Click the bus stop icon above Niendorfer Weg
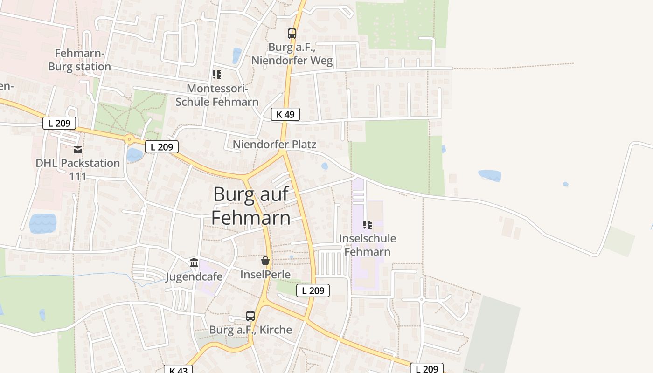pos(292,34)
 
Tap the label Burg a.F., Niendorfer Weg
pos(292,54)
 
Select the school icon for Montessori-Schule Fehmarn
pos(217,75)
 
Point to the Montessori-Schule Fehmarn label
pos(217,95)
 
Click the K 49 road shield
pos(285,114)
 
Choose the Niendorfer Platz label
pos(274,145)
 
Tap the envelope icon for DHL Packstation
pos(78,150)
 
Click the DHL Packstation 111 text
pos(78,170)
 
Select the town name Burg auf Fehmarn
pos(251,206)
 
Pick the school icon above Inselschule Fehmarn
pos(368,225)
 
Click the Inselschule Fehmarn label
pos(368,245)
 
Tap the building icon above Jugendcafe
pos(194,263)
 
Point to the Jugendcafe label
pos(194,277)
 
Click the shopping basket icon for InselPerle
pos(265,261)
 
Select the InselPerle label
pos(265,275)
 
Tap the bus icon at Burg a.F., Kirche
pos(250,316)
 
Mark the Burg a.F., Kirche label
pos(250,330)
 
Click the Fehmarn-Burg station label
pos(80,60)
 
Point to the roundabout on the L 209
pos(129,138)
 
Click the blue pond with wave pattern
pos(43,223)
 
